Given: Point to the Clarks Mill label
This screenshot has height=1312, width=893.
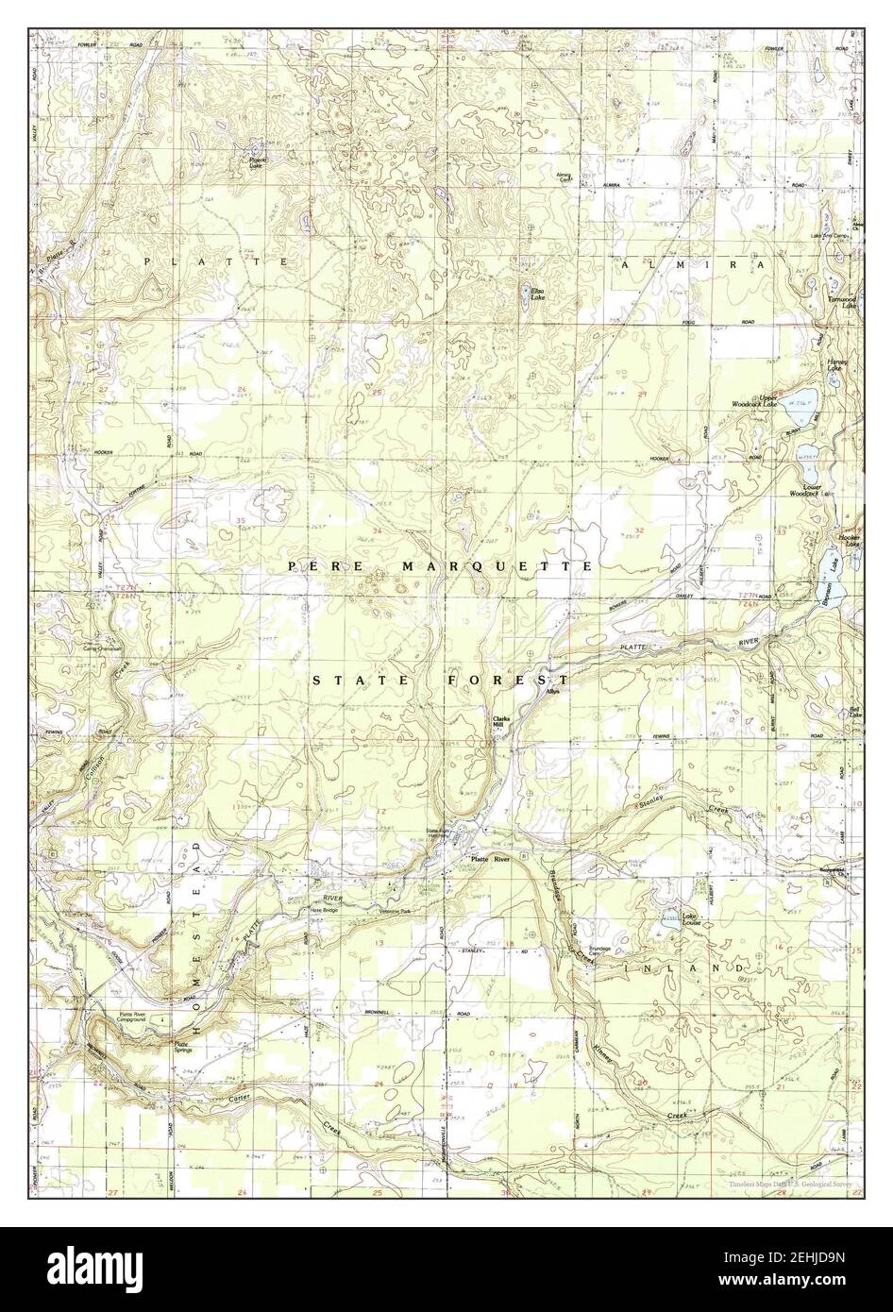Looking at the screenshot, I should click(x=500, y=722).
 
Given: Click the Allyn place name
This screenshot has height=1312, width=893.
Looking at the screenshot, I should click(x=553, y=692).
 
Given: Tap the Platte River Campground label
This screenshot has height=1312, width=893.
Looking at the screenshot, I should click(x=139, y=1020).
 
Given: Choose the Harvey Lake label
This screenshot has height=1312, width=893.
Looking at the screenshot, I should click(x=836, y=364).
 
